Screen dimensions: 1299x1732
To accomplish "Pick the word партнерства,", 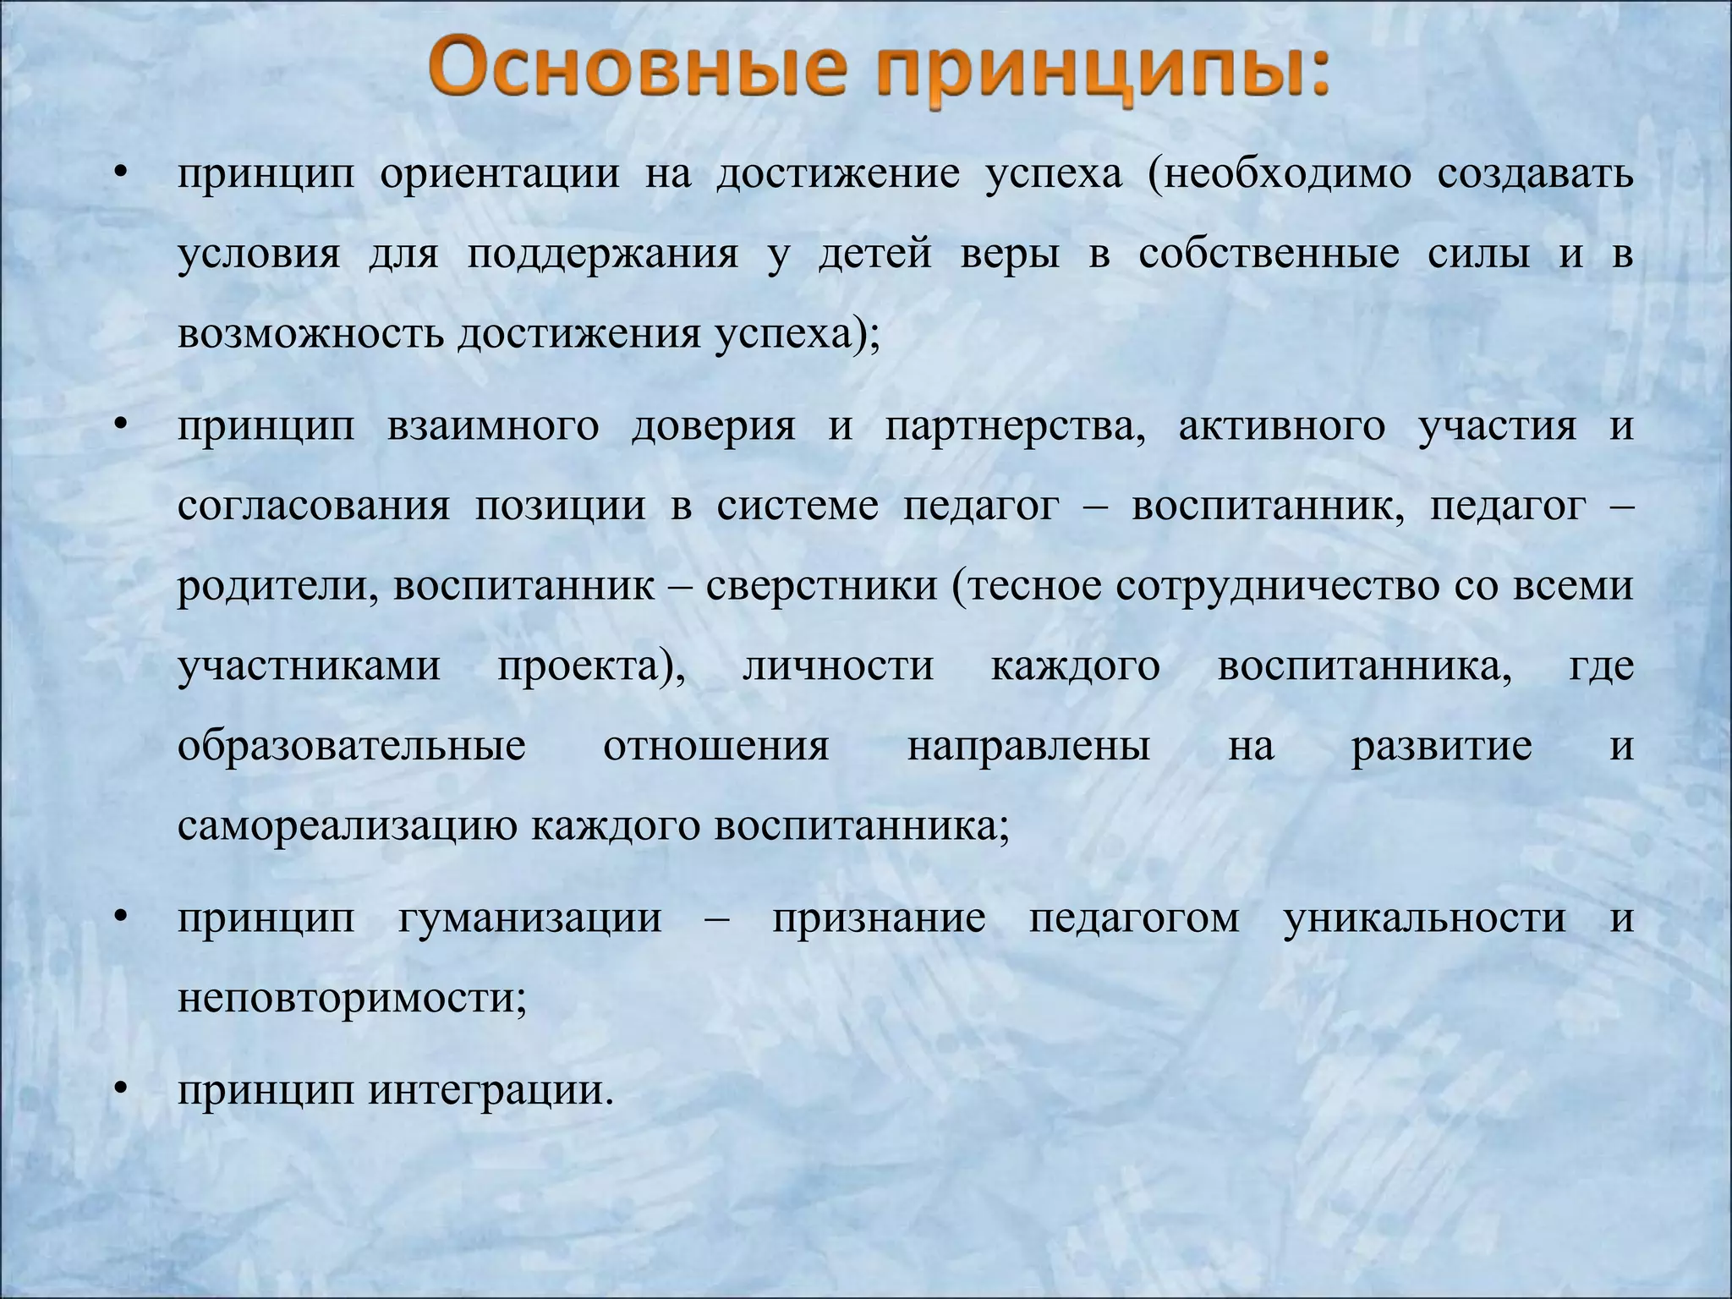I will [1015, 426].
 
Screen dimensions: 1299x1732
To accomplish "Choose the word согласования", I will [314, 507].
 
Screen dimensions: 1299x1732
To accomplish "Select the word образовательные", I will [352, 747].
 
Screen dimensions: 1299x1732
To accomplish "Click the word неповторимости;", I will [352, 999].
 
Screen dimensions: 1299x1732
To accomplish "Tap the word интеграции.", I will [490, 1090].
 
